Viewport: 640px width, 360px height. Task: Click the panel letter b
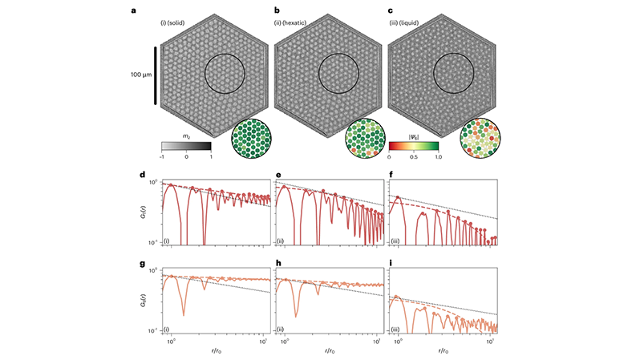276,11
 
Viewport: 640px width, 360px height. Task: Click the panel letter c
389,11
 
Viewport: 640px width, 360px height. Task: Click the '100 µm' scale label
141,75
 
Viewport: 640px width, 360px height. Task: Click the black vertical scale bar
156,75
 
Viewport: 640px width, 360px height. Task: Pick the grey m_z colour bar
186,147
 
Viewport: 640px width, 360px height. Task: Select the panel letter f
389,174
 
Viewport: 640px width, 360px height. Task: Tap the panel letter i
389,262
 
